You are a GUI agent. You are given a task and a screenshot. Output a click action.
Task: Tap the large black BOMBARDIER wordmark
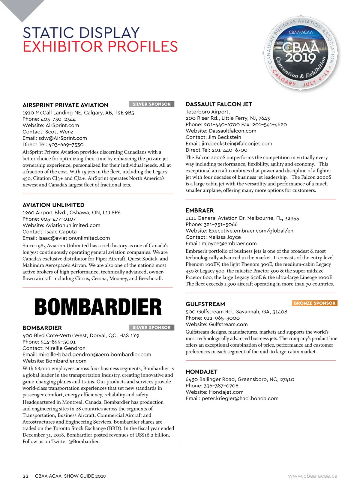[98, 307]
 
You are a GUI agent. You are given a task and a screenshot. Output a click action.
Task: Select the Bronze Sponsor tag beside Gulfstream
[314, 303]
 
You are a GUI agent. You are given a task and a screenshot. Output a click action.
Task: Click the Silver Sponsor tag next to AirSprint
[151, 104]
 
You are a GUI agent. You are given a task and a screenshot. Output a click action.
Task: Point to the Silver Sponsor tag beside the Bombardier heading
[151, 327]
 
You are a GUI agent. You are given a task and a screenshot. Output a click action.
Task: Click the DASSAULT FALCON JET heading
[219, 104]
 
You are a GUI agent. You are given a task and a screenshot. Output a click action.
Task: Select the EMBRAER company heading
[199, 210]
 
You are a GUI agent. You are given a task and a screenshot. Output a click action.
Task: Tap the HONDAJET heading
[201, 372]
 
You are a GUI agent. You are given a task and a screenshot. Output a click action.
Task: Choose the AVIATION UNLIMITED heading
[53, 205]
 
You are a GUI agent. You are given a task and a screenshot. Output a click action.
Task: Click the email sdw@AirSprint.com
[63, 138]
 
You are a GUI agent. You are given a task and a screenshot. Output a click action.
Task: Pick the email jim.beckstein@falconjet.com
[237, 144]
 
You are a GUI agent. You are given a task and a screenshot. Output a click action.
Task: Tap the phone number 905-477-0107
[58, 219]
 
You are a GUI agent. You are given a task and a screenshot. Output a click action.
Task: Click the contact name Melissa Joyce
[224, 237]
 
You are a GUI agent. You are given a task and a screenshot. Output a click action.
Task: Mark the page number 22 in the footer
[25, 476]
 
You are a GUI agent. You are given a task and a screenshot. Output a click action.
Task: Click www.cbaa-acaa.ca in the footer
[313, 476]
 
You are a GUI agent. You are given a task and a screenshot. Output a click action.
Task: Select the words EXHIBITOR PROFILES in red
[100, 47]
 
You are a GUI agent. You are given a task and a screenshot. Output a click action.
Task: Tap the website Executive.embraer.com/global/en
[251, 231]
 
